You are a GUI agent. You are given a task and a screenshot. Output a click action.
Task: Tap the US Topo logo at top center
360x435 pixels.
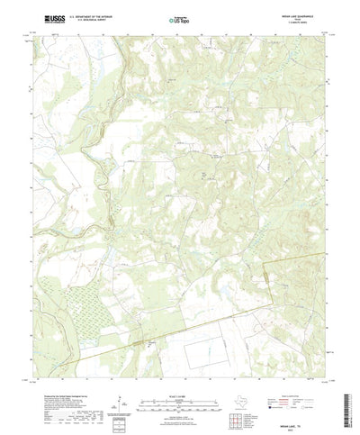180,19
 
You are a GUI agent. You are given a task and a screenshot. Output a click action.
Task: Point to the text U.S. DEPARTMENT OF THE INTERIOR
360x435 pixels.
86,16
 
